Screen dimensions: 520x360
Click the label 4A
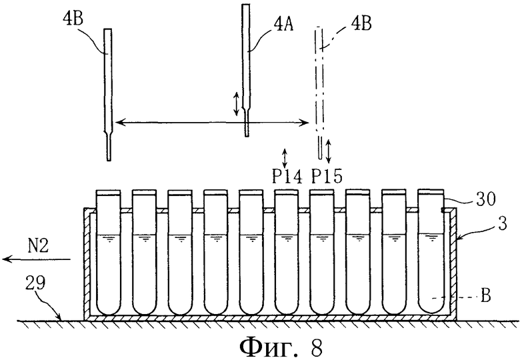(x=283, y=25)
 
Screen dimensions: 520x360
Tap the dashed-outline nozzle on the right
(x=319, y=93)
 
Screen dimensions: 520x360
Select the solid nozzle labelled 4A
(x=246, y=70)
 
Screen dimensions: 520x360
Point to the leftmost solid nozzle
(x=108, y=95)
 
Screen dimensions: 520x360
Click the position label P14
(x=287, y=176)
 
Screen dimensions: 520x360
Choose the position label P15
(x=327, y=176)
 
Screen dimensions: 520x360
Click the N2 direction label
(x=38, y=246)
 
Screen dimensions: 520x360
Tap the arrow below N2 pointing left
(x=37, y=259)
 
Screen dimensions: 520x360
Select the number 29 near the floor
(x=35, y=283)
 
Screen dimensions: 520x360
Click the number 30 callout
(x=486, y=199)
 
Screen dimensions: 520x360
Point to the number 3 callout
(x=503, y=224)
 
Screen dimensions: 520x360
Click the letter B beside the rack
(x=485, y=296)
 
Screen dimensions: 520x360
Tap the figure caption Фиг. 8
(x=281, y=347)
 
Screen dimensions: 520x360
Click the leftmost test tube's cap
(x=108, y=192)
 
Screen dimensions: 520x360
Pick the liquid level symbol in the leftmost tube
(x=108, y=238)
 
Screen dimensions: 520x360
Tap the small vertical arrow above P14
(x=284, y=158)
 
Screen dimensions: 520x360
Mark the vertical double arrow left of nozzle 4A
(x=236, y=105)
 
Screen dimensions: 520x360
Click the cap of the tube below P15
(x=321, y=192)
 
